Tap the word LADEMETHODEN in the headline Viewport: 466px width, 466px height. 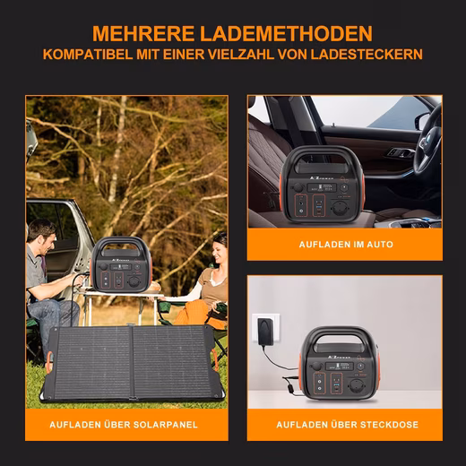[x=286, y=33]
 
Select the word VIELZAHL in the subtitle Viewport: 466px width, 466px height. [x=241, y=55]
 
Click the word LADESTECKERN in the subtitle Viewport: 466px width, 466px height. [x=367, y=55]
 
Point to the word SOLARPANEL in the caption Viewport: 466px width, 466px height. [x=165, y=425]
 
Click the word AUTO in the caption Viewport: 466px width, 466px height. [x=380, y=245]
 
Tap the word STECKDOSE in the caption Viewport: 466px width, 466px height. [x=387, y=425]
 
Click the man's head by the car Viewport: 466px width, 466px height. [x=44, y=235]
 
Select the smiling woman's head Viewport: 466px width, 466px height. [x=220, y=247]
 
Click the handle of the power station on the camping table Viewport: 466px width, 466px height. [x=121, y=243]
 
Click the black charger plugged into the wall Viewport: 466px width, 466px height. [x=265, y=331]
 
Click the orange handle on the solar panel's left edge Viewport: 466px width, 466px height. [x=49, y=362]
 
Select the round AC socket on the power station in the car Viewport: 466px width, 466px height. [x=342, y=208]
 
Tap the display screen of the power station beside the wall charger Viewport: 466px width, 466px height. [x=340, y=366]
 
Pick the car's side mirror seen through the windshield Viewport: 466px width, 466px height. [x=423, y=121]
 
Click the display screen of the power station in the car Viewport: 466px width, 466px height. [x=322, y=188]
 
